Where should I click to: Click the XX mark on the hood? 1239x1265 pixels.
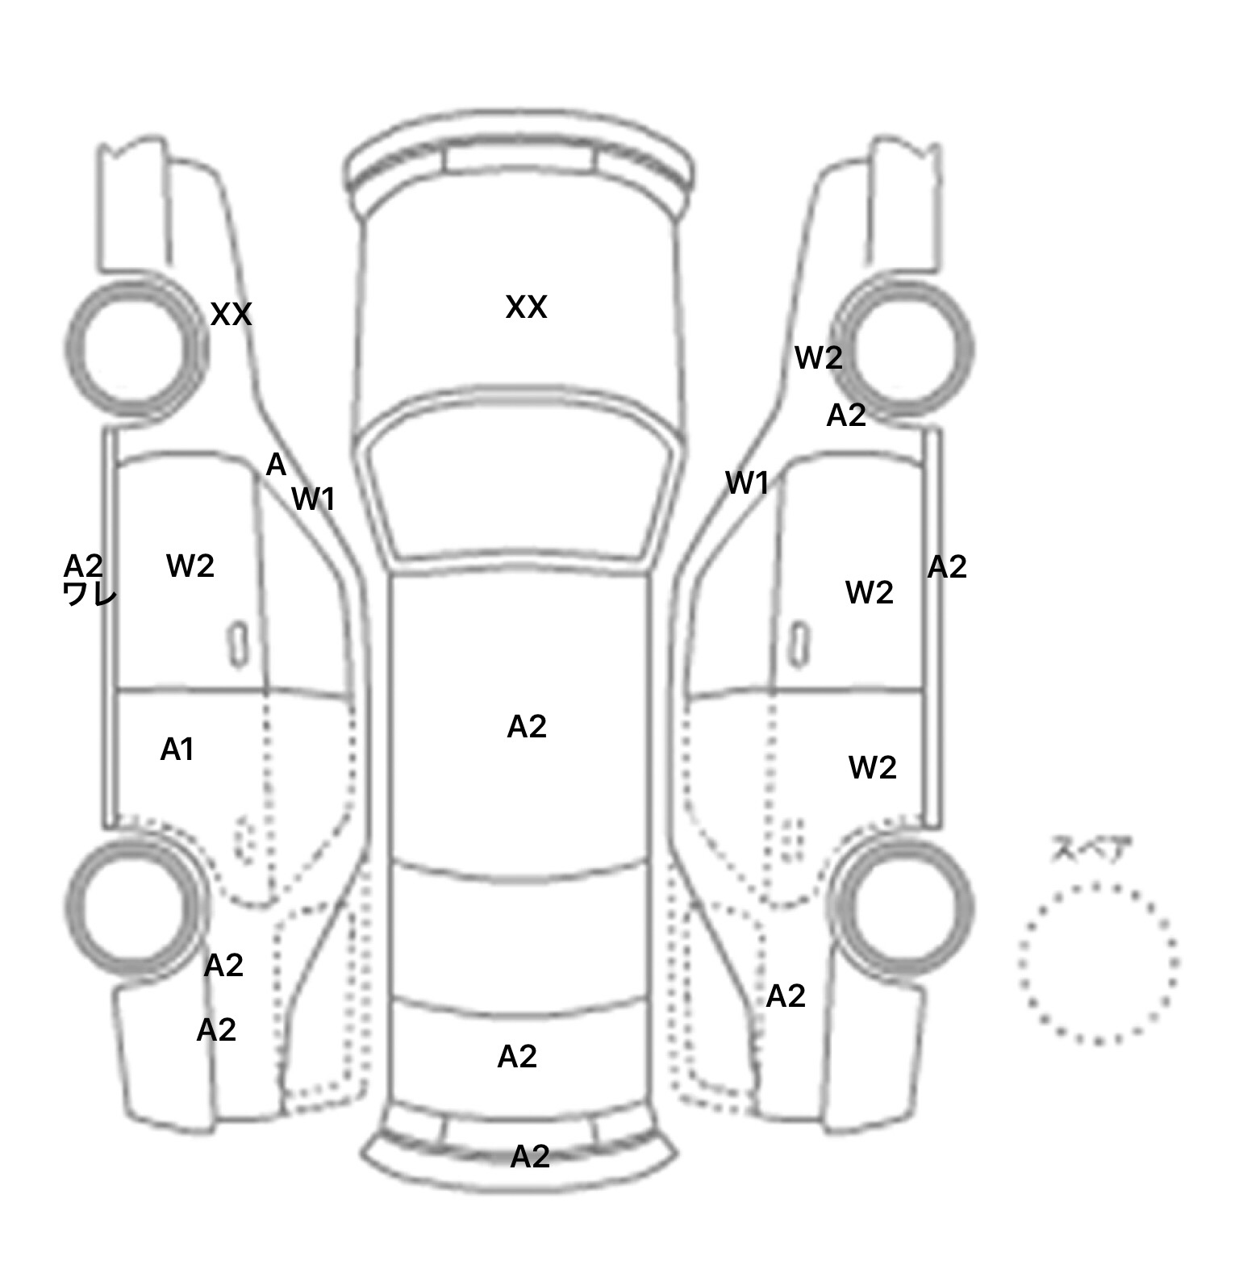point(526,307)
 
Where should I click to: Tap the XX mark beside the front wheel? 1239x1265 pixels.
point(231,315)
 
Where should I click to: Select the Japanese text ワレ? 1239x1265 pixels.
point(90,595)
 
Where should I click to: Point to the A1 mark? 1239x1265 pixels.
point(177,749)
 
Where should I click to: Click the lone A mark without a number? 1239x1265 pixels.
point(276,465)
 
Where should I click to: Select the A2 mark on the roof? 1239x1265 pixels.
point(527,727)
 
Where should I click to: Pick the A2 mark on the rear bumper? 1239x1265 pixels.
point(530,1157)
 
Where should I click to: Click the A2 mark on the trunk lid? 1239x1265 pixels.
point(517,1057)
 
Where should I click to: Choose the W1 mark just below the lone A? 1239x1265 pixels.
point(313,499)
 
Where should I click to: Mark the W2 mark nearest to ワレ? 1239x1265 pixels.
point(190,566)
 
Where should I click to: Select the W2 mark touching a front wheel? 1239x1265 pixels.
point(819,357)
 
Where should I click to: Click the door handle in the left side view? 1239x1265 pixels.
point(238,645)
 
